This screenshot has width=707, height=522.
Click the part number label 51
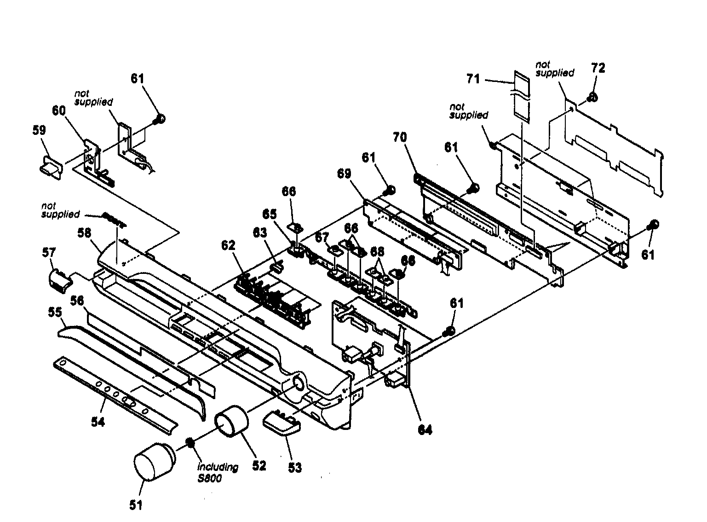(136, 505)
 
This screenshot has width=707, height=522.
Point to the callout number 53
(294, 467)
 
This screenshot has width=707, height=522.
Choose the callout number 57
(49, 253)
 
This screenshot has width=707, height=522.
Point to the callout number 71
(473, 79)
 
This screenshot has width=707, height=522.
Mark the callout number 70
(400, 137)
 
